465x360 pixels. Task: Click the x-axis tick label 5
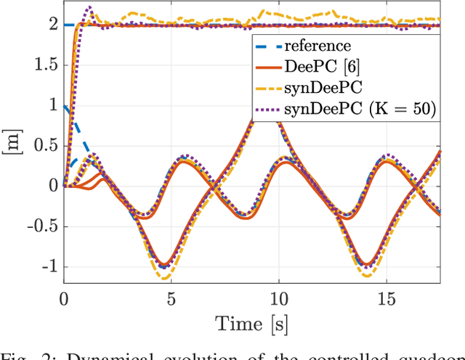pyautogui.click(x=171, y=298)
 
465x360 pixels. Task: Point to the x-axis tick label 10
pyautogui.click(x=278, y=298)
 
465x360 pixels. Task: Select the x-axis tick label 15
pyautogui.click(x=386, y=298)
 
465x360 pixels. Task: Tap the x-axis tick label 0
pyautogui.click(x=64, y=298)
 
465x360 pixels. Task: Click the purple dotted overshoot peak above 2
pyautogui.click(x=89, y=7)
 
